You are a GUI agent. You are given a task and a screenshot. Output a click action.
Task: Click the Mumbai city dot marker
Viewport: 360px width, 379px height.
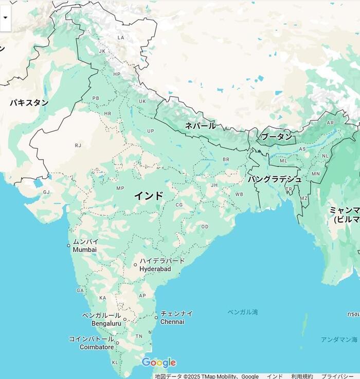coord(68,246)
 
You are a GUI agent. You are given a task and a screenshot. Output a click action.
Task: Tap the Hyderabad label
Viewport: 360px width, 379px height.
coord(155,269)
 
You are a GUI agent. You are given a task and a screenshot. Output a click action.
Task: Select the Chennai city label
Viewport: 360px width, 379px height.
coord(172,322)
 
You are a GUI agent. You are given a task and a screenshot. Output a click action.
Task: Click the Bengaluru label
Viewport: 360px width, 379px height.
coord(106,323)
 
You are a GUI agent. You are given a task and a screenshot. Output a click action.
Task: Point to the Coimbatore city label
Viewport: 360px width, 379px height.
coord(97,347)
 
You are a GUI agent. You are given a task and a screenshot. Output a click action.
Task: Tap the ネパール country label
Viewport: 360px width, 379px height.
coord(200,126)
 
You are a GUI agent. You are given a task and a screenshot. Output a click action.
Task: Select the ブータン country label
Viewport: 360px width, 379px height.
coord(276,136)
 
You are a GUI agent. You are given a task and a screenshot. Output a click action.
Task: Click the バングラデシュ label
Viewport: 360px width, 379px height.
coord(275,179)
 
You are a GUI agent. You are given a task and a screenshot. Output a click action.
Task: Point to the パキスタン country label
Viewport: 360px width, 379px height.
coord(29,102)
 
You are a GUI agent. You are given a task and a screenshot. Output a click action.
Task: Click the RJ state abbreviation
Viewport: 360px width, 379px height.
coord(78,145)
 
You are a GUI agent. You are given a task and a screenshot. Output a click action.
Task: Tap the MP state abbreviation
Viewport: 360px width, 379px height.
coord(120,188)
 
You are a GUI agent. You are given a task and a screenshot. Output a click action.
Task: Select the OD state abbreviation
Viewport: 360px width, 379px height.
coord(205,227)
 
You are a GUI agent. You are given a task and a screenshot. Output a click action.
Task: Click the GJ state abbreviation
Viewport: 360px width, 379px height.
coord(46,192)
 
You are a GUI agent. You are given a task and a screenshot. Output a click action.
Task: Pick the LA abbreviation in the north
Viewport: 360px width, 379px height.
coord(121,38)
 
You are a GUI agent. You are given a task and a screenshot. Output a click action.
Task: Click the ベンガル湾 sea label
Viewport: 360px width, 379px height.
coord(243,312)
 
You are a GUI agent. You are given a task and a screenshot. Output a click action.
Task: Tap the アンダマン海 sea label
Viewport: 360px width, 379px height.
coord(338,339)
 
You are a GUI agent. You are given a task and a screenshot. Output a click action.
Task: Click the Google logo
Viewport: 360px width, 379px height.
coord(158,363)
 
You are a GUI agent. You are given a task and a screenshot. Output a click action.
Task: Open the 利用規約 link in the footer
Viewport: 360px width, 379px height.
coord(301,376)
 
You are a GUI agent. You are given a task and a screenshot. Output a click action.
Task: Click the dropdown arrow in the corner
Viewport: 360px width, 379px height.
coord(5,17)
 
